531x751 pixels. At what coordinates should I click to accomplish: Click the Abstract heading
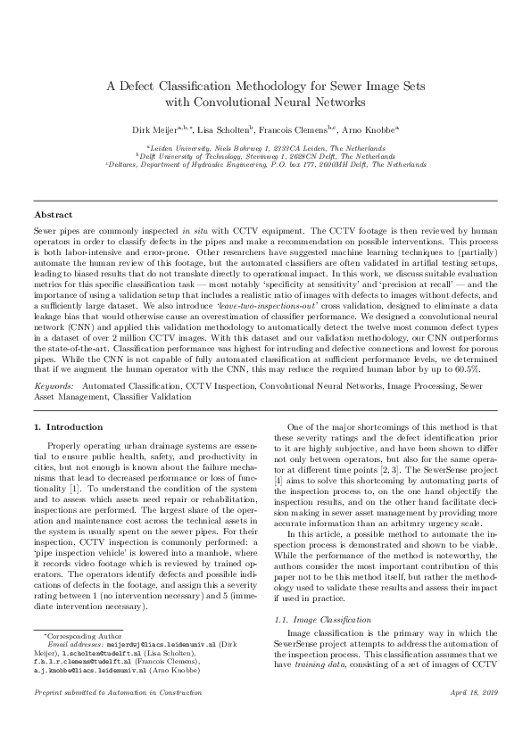[x=53, y=216]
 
